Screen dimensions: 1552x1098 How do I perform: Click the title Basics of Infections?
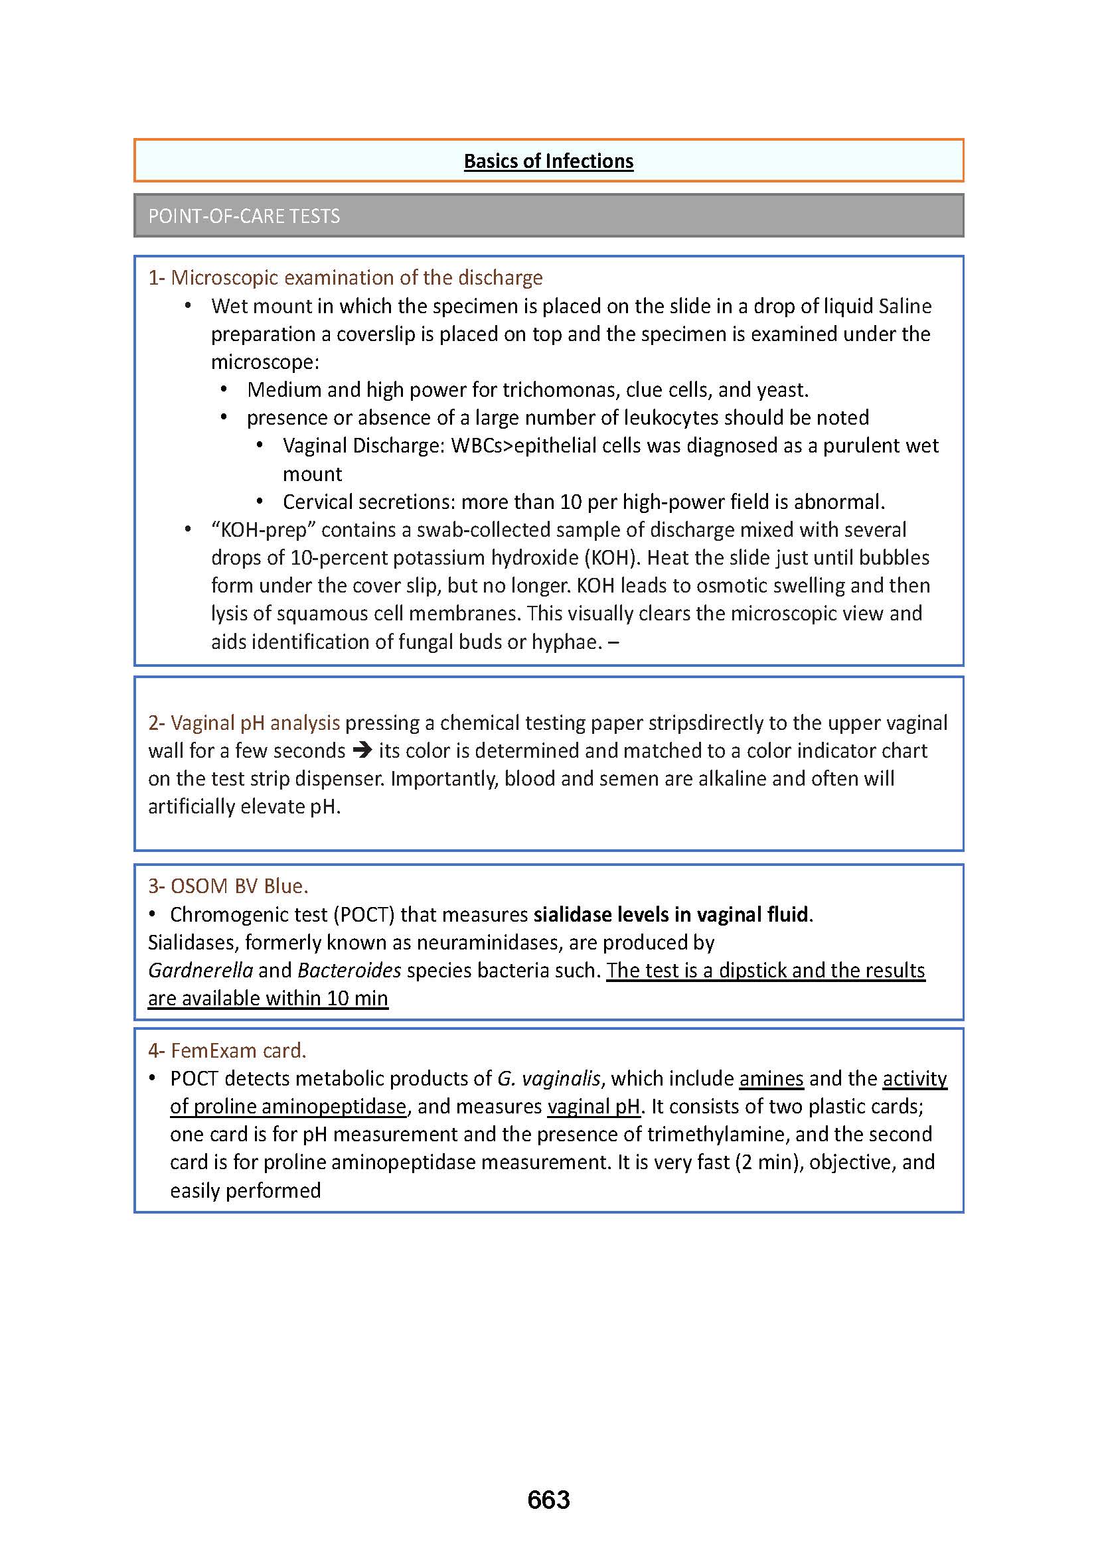point(548,161)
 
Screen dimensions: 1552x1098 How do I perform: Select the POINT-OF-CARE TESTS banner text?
point(244,216)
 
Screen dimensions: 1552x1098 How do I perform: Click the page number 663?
point(548,1500)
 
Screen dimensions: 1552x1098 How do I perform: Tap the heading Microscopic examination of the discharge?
point(356,278)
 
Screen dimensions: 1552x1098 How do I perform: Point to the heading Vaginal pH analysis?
point(255,723)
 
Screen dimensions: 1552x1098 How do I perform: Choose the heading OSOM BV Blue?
point(239,886)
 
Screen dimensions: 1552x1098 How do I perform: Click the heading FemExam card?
point(238,1050)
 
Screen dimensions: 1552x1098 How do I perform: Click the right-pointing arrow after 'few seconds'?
point(362,750)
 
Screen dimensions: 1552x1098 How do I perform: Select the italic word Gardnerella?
point(200,971)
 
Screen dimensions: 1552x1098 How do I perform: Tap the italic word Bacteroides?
point(349,971)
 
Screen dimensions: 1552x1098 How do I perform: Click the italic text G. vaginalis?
point(548,1078)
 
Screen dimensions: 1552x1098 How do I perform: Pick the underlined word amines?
point(771,1078)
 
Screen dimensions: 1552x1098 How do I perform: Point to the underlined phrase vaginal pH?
point(593,1107)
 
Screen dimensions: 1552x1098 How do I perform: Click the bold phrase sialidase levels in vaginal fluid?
point(670,914)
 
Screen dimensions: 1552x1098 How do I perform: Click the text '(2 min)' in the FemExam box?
point(769,1162)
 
